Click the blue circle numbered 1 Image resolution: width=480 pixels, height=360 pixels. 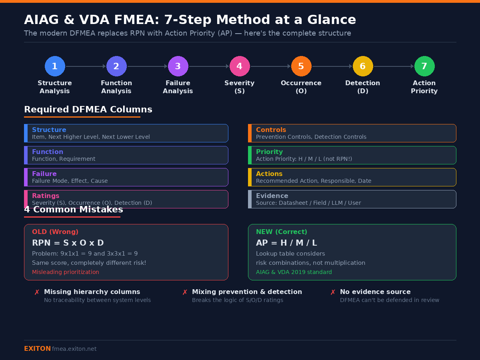coord(55,66)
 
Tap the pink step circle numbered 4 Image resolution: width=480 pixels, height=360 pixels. coord(240,66)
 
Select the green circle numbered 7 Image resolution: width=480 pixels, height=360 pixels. coord(424,66)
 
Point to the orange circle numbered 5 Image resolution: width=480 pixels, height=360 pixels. coord(301,66)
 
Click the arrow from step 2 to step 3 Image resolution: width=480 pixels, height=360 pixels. coord(147,66)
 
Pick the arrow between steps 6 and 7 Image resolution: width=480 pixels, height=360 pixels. coord(394,66)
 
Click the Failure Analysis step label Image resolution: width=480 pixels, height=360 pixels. coord(178,87)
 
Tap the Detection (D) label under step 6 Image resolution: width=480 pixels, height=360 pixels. coord(363,87)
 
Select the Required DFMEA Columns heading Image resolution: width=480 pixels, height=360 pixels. coord(88,110)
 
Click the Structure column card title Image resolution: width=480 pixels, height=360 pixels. coord(49,130)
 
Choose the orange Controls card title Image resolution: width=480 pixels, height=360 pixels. coord(271,130)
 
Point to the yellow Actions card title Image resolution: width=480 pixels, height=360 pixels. coord(269,174)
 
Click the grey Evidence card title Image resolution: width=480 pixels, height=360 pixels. coord(272,196)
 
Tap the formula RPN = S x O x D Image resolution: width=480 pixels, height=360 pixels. coord(68,243)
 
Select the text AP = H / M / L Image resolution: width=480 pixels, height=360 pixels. coord(286,243)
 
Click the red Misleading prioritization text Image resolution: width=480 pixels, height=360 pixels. coord(66,272)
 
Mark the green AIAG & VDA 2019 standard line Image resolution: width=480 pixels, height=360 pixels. coord(294,272)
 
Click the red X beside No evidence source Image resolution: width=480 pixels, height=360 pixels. coord(333,292)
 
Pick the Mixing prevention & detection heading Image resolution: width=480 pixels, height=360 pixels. coord(247,292)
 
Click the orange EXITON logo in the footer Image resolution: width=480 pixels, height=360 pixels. coord(37,349)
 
